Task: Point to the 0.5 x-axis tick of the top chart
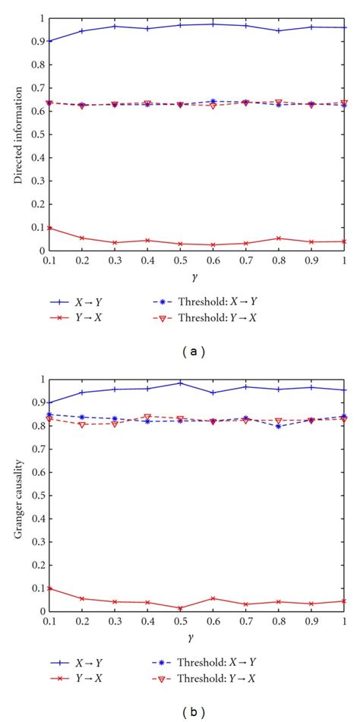tap(181, 260)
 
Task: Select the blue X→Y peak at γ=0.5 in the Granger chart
tap(181, 383)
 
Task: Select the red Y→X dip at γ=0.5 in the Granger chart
tap(181, 607)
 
